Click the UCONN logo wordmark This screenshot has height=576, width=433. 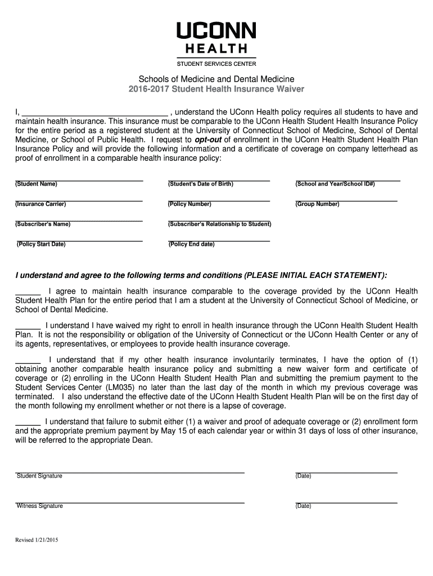(x=216, y=31)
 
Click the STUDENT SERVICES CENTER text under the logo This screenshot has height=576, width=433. (x=216, y=64)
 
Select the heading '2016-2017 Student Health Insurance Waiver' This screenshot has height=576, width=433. (x=216, y=89)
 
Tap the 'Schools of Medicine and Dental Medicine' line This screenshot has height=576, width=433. (x=216, y=79)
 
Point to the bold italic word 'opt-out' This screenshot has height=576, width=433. (x=208, y=139)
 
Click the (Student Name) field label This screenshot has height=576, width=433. (x=36, y=184)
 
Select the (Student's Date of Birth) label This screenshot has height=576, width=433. (x=201, y=184)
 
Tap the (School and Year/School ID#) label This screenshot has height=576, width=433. (x=335, y=184)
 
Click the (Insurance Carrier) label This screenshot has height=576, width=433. (x=40, y=204)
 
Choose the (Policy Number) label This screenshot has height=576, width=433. (x=190, y=204)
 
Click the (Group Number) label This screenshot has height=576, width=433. (x=317, y=204)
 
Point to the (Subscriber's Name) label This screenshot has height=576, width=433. (x=43, y=224)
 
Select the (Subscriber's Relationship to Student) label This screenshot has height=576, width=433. (x=219, y=224)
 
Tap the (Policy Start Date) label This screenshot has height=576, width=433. (x=41, y=244)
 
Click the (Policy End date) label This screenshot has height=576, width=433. (x=191, y=244)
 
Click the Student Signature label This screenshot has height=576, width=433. (x=39, y=476)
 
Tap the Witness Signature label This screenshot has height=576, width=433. (x=39, y=506)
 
